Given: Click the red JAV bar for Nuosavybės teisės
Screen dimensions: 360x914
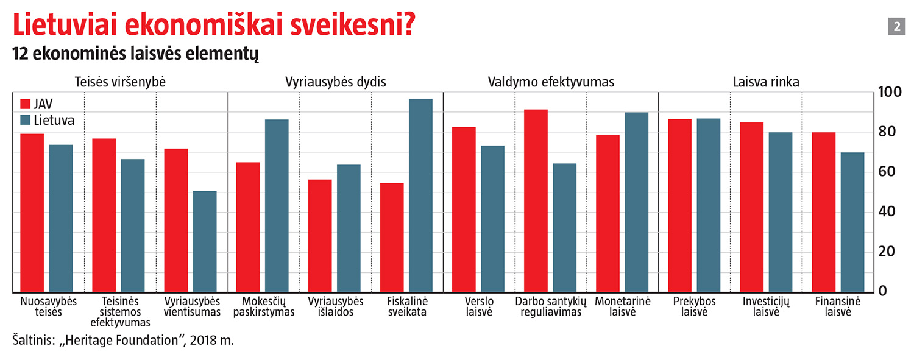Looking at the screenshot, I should [32, 213].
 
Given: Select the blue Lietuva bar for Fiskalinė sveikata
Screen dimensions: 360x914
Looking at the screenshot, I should [420, 195].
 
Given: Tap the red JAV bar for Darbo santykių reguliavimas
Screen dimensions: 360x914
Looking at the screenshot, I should [536, 200].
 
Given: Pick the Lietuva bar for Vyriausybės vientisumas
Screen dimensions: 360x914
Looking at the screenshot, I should [205, 241].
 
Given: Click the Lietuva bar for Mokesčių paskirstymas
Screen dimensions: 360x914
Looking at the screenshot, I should [277, 205].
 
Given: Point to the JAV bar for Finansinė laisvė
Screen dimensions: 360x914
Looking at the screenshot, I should [823, 212].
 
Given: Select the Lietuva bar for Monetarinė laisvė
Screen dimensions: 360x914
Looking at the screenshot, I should [636, 202].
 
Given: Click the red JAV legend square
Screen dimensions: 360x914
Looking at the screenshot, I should [26, 103].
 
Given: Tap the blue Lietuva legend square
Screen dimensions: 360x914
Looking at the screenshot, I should [26, 120].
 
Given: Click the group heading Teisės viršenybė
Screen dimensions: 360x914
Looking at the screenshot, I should [120, 82].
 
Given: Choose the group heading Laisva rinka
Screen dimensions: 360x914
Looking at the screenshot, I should [766, 82].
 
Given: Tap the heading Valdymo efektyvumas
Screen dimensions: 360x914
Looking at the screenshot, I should [551, 82].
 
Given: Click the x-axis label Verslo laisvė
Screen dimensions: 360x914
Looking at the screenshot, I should [478, 306].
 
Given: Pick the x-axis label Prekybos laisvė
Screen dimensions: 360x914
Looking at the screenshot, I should [694, 306].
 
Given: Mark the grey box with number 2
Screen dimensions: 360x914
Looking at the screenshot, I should [897, 27].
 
